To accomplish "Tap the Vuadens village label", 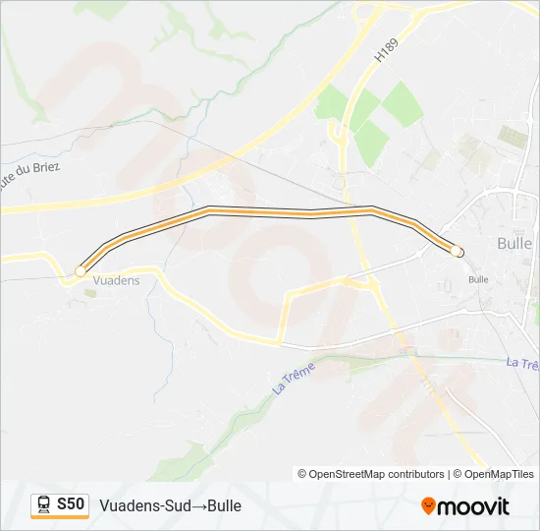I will tap(116, 280).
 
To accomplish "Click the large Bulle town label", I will tap(514, 243).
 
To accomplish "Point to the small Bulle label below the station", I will tap(478, 279).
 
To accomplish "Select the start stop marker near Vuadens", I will tap(80, 270).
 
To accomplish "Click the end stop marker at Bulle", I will tap(457, 252).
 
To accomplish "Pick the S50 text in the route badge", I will tap(71, 504).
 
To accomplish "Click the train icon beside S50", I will tap(44, 504).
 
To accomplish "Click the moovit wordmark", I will tap(474, 506).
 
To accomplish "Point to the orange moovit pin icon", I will tap(428, 505).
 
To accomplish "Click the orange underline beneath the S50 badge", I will tap(60, 517).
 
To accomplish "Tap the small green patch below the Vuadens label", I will tap(89, 292).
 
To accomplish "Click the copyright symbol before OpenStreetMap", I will tap(302, 474).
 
